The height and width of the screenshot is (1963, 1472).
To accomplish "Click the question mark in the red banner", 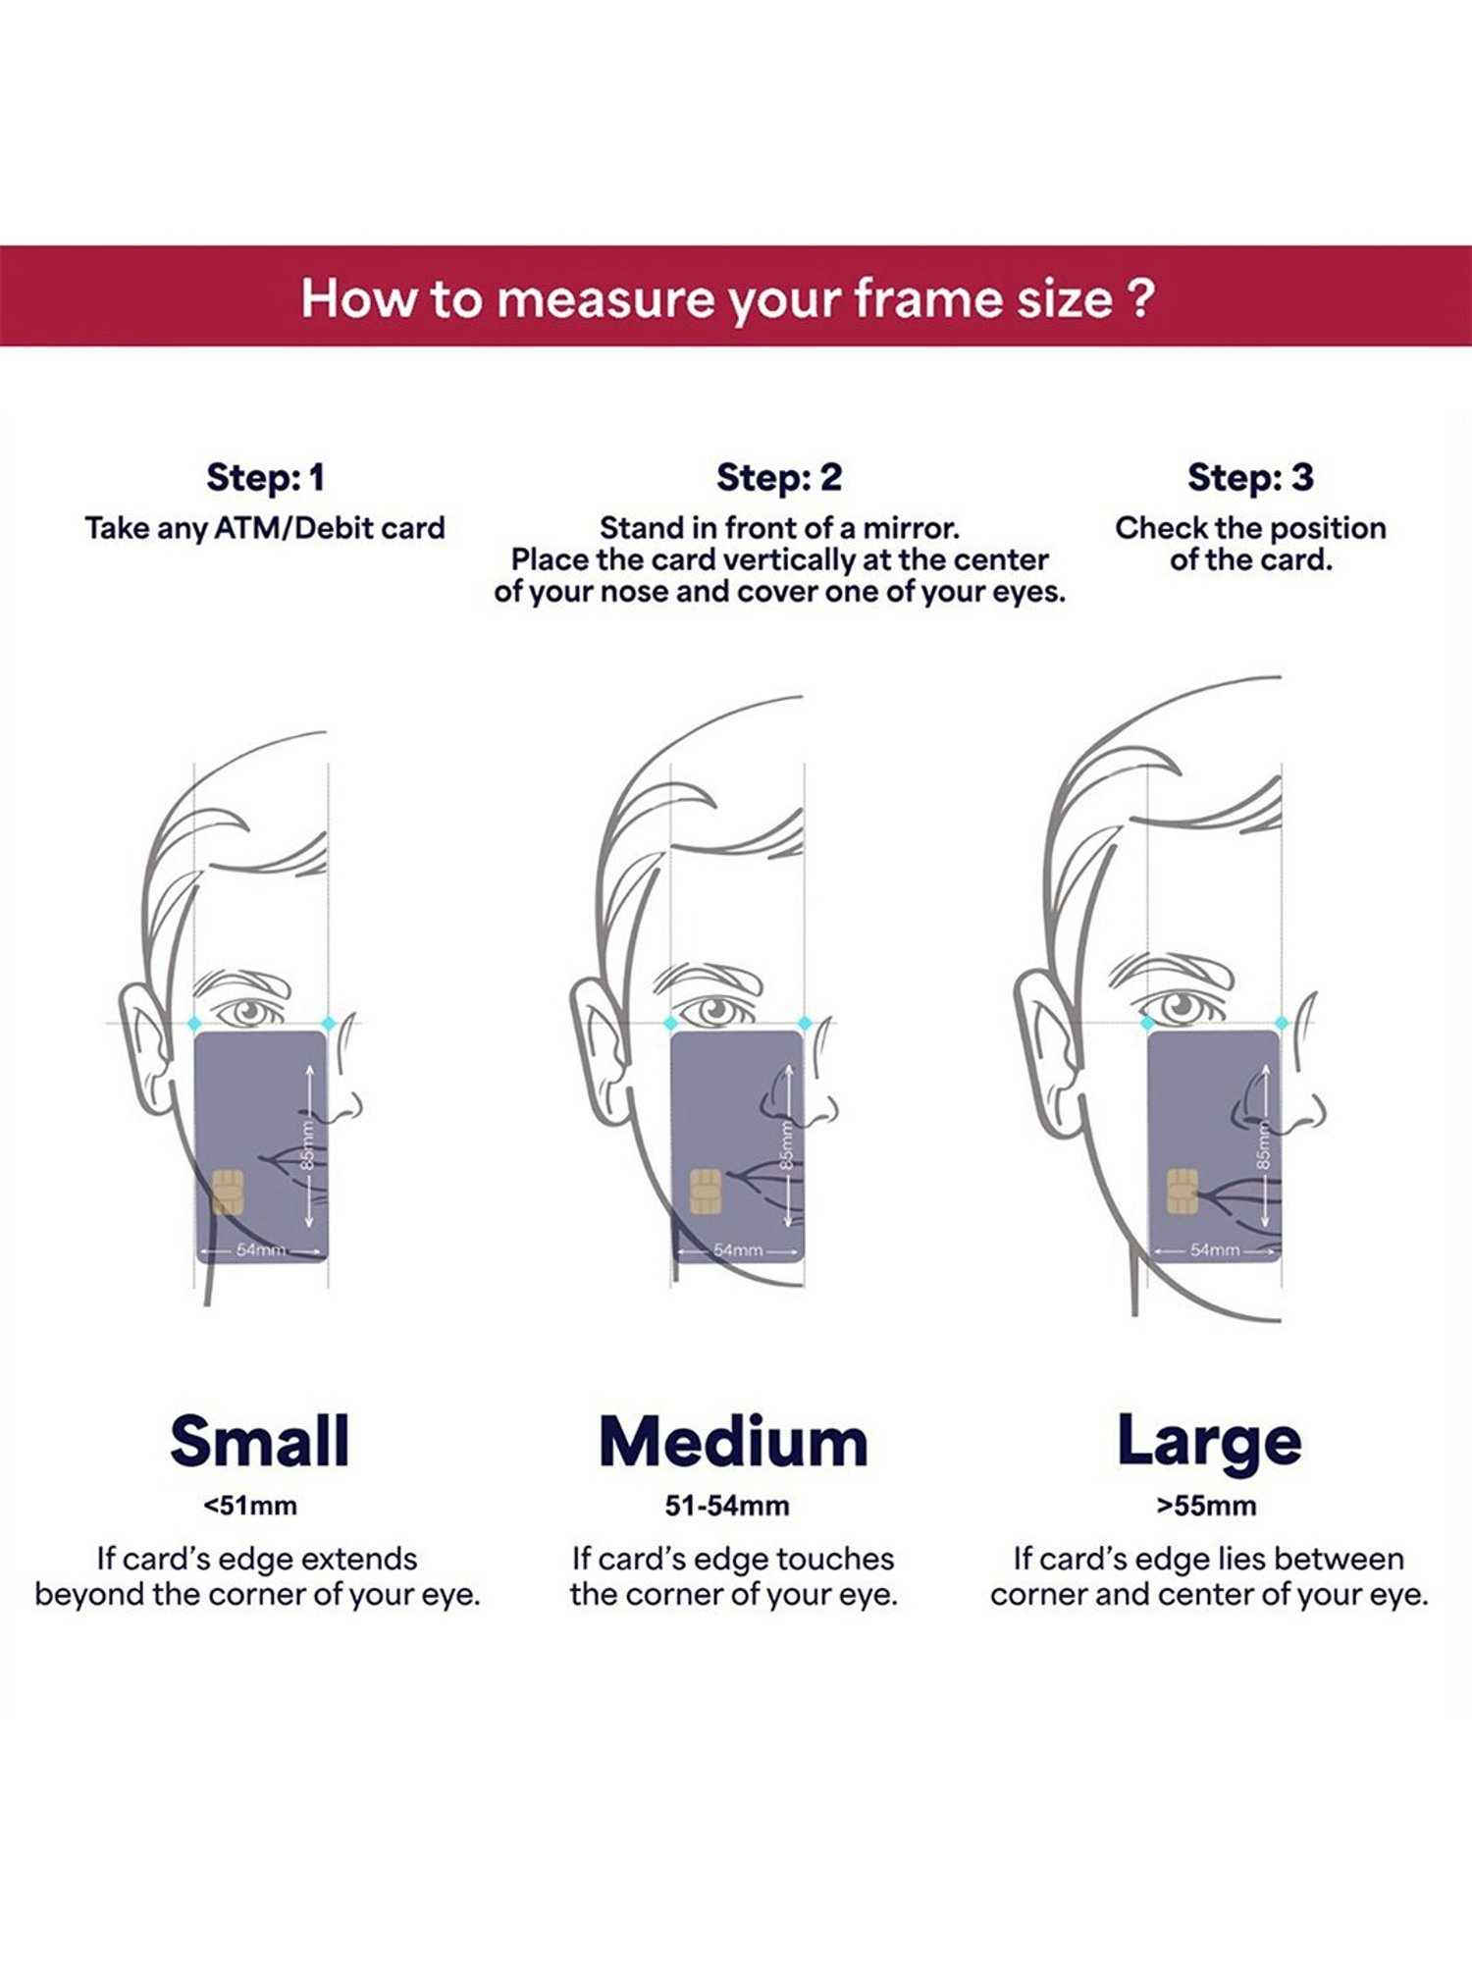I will click(1140, 298).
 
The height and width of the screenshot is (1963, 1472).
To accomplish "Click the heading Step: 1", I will click(265, 478).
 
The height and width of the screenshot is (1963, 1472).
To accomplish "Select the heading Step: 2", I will click(779, 478).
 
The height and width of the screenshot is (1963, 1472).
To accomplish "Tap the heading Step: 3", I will click(1249, 478).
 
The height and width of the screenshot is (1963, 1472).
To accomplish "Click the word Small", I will click(259, 1442).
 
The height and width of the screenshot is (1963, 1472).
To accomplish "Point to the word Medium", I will click(734, 1442).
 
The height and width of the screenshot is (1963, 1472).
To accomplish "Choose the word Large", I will click(1209, 1442).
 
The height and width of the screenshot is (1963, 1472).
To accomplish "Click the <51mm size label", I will click(250, 1506).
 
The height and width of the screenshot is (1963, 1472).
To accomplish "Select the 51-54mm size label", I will click(727, 1506).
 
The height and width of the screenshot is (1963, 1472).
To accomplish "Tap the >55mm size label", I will click(1206, 1506).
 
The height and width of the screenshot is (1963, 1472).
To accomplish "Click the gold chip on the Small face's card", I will click(228, 1192).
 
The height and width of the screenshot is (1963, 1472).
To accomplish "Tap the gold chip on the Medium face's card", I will click(706, 1192).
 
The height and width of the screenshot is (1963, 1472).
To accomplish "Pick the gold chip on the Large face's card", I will click(1183, 1192).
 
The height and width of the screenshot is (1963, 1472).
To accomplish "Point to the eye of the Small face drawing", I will click(250, 1011).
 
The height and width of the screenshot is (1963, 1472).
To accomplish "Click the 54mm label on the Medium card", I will click(738, 1250).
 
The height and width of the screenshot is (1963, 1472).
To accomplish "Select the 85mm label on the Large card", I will click(1264, 1143).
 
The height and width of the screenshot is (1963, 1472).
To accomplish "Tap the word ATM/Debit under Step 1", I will click(294, 528).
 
